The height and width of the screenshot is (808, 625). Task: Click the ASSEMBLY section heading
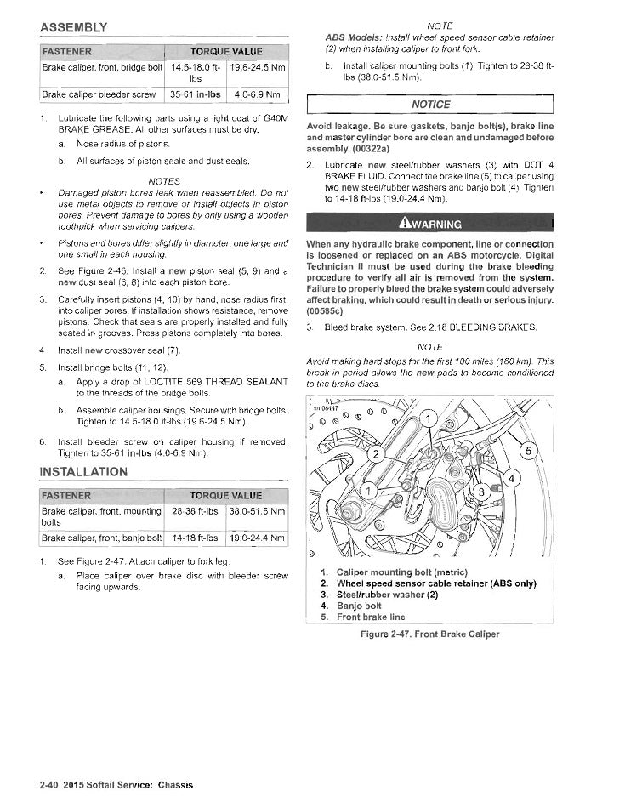(73, 28)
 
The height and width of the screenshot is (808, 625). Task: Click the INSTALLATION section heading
(83, 472)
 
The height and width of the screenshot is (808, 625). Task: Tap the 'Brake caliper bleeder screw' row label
(99, 94)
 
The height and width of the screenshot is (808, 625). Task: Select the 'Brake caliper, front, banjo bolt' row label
(101, 538)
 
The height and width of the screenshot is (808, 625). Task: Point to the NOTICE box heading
(430, 105)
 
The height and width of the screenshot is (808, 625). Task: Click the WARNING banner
(430, 224)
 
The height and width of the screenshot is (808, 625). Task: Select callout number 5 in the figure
(527, 450)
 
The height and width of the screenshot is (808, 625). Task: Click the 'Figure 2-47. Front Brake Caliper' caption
(429, 634)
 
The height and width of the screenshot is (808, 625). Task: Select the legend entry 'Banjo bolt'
(358, 606)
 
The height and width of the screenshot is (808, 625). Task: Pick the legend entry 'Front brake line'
(371, 617)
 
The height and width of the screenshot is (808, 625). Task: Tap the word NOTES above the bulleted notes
(164, 181)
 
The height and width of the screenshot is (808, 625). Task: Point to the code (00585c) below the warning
(324, 312)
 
